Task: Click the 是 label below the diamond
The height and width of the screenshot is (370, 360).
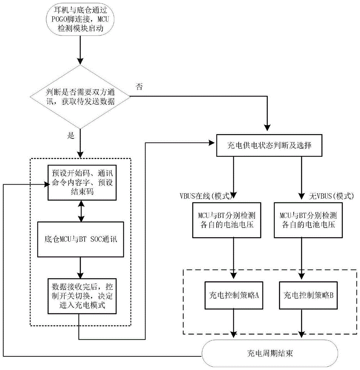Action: tap(71, 136)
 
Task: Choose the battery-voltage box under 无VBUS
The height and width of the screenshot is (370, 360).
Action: tap(303, 219)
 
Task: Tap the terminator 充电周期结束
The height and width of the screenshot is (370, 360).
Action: tap(270, 353)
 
